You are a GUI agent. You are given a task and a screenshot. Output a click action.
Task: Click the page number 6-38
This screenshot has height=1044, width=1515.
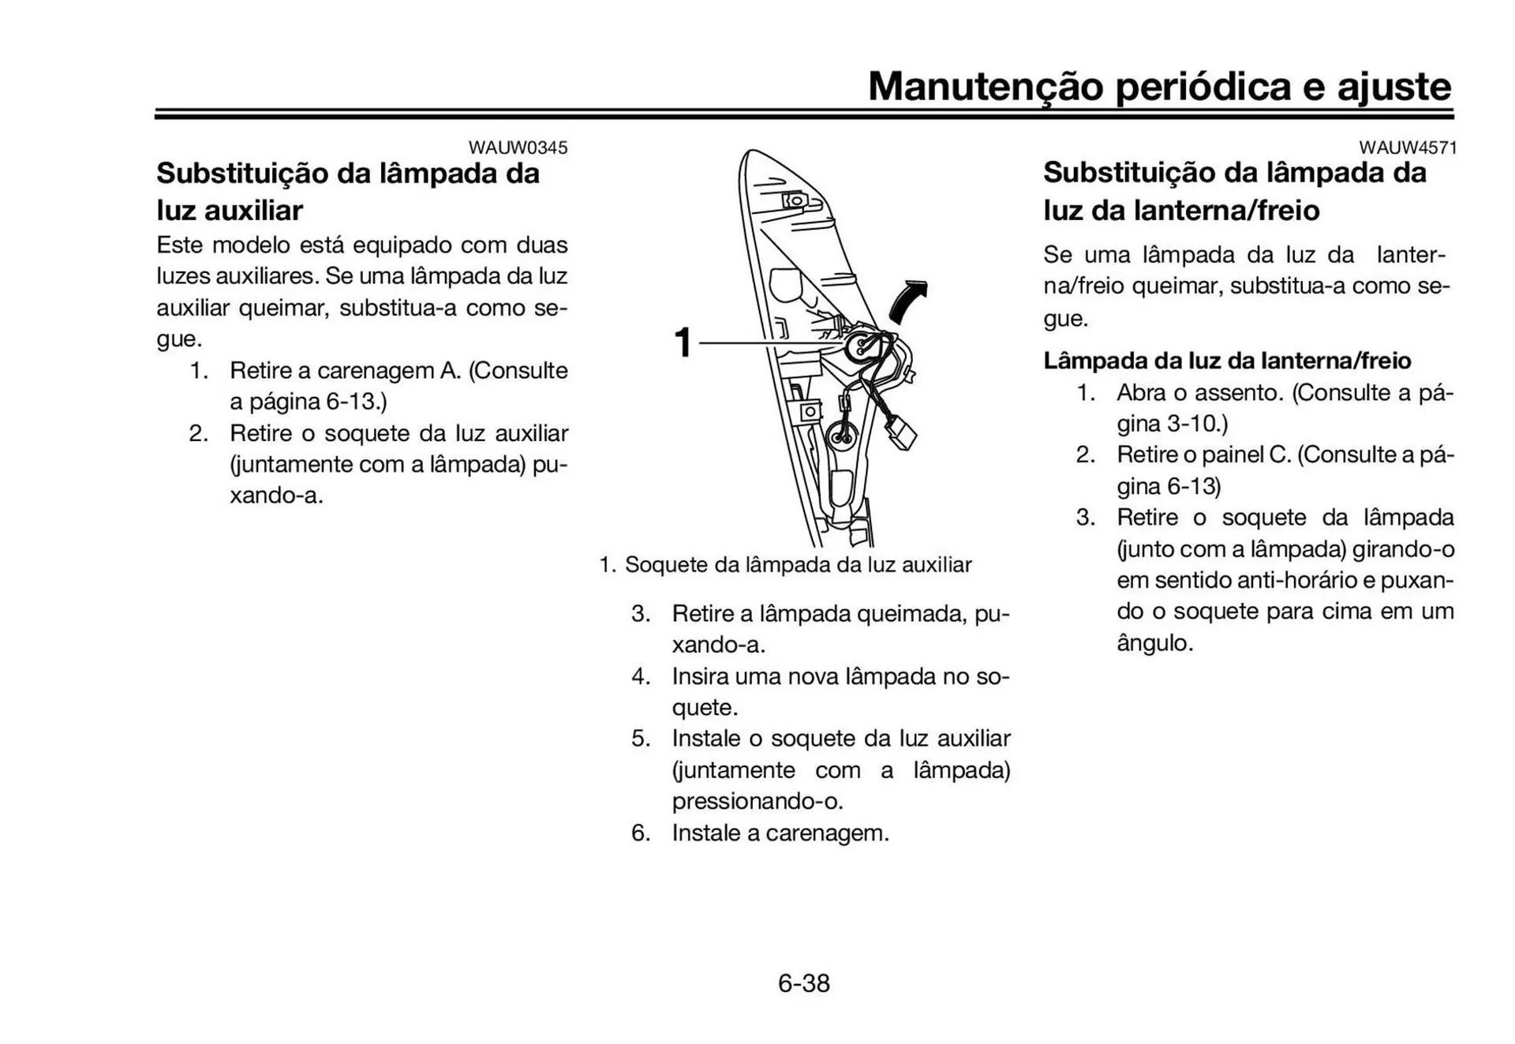coord(803,983)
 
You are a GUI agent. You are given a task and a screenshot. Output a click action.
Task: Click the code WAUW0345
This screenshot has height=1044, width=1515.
coord(518,148)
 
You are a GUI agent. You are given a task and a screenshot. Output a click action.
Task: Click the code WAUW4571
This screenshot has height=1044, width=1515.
coord(1408,148)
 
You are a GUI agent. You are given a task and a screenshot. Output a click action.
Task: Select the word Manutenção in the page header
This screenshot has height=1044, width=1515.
coord(985,86)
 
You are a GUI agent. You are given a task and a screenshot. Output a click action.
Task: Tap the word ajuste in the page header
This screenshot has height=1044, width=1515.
coord(1394,86)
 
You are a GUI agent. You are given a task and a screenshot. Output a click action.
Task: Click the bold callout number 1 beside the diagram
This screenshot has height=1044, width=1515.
coord(683,343)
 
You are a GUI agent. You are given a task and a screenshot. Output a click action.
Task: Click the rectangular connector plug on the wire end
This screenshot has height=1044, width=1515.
coord(900,434)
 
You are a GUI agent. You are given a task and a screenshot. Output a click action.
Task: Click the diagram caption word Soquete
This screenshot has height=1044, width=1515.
coord(666,565)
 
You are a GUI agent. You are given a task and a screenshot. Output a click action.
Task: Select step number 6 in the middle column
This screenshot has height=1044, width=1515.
coord(640,833)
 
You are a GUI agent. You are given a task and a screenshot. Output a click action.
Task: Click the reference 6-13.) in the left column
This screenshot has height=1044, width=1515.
coord(356,402)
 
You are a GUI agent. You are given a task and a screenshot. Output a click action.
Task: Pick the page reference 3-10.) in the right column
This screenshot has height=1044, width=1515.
coord(1197,424)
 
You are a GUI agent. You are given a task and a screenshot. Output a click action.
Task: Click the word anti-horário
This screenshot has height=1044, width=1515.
coord(1296,580)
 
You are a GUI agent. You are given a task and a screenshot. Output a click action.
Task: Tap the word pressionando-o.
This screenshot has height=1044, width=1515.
coord(757,802)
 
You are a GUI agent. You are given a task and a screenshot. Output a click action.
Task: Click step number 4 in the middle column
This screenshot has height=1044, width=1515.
coord(640,677)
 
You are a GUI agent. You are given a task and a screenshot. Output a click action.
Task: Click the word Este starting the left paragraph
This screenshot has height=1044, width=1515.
coord(180,245)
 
